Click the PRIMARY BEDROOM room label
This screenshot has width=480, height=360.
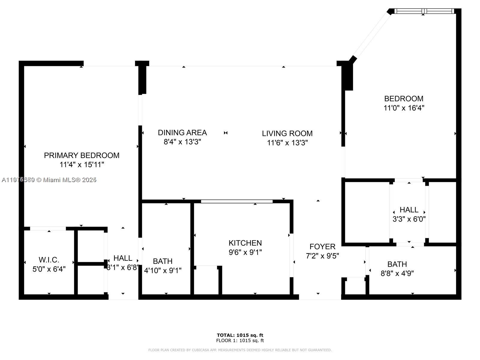coord(82,155)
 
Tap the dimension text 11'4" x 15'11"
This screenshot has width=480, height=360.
coord(82,165)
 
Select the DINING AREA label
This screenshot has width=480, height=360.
coord(182,133)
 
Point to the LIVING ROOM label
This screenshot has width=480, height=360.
coord(287,133)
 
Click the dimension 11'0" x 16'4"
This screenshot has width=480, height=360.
coord(404,108)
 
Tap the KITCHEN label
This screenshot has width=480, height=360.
coord(245,243)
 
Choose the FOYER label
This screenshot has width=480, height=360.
coord(322,247)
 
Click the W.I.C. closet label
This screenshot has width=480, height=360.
coord(49,260)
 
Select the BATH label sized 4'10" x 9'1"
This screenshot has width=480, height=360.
coord(163,261)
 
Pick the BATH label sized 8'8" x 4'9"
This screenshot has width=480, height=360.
coord(397,264)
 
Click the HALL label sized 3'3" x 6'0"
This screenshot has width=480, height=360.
coord(409,210)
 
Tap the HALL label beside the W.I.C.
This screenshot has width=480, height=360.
coord(123,258)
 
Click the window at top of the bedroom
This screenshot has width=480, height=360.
coord(423,11)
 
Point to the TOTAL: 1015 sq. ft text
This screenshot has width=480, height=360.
coord(240,335)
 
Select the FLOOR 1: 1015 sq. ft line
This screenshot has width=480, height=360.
coord(240,340)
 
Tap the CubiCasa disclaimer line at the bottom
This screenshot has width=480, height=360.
coord(240,350)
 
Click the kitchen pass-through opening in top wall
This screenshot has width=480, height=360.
coord(237,201)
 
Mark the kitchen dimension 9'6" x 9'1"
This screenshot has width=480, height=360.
coord(245,252)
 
